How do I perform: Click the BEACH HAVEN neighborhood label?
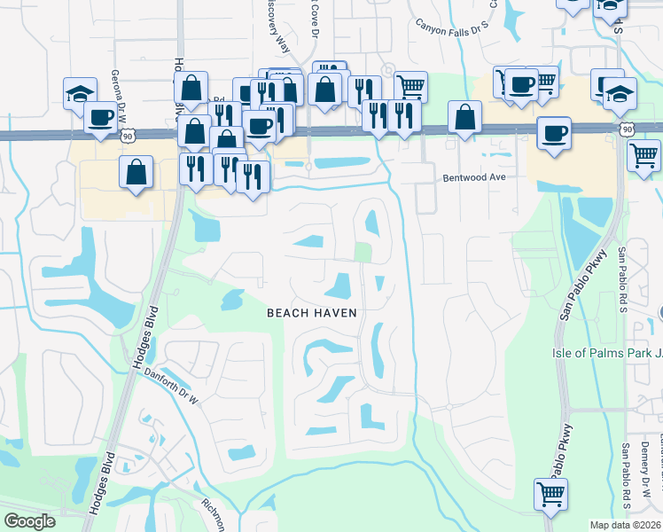tap(312, 313)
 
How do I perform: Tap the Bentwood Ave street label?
tap(473, 178)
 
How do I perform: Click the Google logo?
tap(29, 521)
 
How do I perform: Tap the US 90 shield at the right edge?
tap(628, 129)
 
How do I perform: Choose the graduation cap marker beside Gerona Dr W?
tap(80, 91)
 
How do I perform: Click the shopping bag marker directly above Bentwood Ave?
tap(464, 116)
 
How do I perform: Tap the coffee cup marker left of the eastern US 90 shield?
tap(554, 134)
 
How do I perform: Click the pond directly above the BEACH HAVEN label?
tap(339, 286)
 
